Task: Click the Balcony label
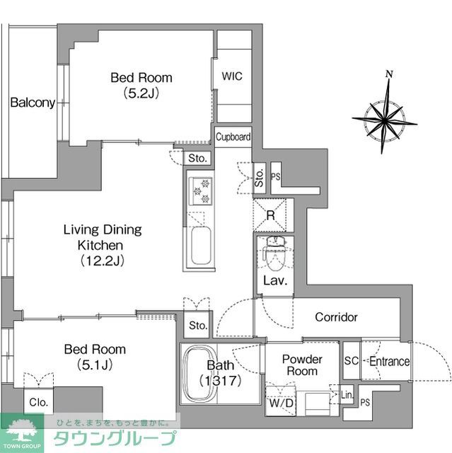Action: pyautogui.click(x=33, y=103)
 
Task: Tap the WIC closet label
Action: pyautogui.click(x=232, y=76)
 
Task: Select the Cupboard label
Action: pyautogui.click(x=233, y=137)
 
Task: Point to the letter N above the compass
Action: pyautogui.click(x=389, y=74)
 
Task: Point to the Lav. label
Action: pyautogui.click(x=274, y=280)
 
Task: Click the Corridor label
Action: pyautogui.click(x=336, y=317)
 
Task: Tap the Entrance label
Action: pyautogui.click(x=389, y=362)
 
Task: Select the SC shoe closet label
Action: pyautogui.click(x=352, y=362)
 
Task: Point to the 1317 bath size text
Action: pyautogui.click(x=221, y=381)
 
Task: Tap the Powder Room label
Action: pyautogui.click(x=302, y=365)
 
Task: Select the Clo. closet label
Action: pyautogui.click(x=38, y=401)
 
